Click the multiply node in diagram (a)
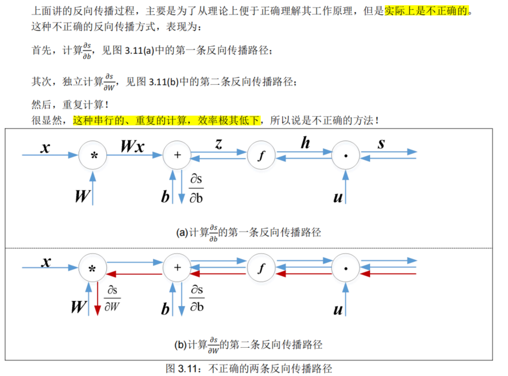tap(94, 155)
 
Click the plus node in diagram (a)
tap(177, 155)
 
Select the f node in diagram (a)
tap(262, 155)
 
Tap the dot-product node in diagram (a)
tap(346, 155)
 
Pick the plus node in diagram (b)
tap(177, 268)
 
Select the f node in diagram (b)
tap(262, 268)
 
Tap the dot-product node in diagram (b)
tap(346, 268)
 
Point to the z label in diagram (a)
tap(219, 144)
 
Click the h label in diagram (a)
tap(305, 143)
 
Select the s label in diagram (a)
tap(381, 144)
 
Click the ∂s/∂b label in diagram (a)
tap(196, 188)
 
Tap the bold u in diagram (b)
tap(338, 310)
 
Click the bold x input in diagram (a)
tap(45, 147)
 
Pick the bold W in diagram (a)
tap(81, 196)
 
